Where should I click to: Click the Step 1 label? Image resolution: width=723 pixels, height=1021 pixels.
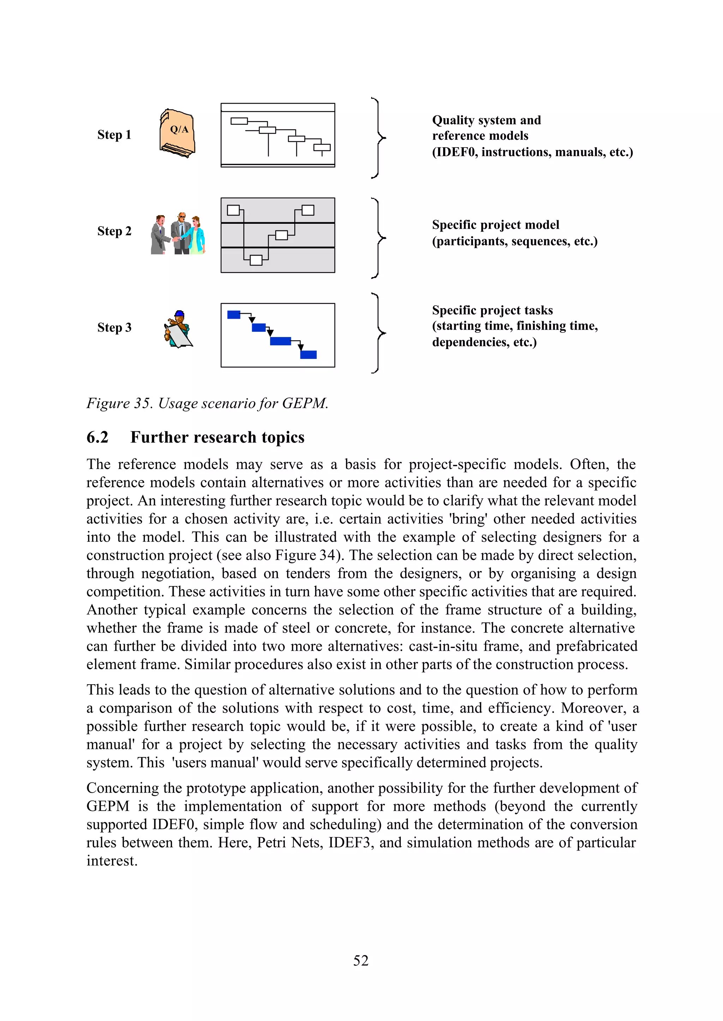click(x=114, y=135)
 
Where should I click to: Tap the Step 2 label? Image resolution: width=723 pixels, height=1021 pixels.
click(x=114, y=231)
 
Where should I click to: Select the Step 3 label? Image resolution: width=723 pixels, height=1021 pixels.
click(x=114, y=328)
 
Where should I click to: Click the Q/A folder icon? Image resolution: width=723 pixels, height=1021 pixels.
click(x=177, y=133)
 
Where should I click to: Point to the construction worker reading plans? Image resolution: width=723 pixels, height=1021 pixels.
click(x=178, y=329)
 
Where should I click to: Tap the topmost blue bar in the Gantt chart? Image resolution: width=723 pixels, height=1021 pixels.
click(x=234, y=315)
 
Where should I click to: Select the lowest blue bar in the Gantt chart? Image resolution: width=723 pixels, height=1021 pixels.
click(x=308, y=355)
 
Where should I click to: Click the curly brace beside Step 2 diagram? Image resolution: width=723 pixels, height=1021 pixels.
click(x=378, y=238)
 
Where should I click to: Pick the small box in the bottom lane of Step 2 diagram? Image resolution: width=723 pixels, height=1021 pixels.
click(x=256, y=260)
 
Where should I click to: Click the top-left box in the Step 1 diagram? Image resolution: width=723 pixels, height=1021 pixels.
click(x=239, y=121)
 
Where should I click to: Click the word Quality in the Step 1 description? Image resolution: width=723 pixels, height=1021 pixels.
click(x=453, y=120)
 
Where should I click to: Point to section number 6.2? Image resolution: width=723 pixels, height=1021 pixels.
click(x=97, y=438)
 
